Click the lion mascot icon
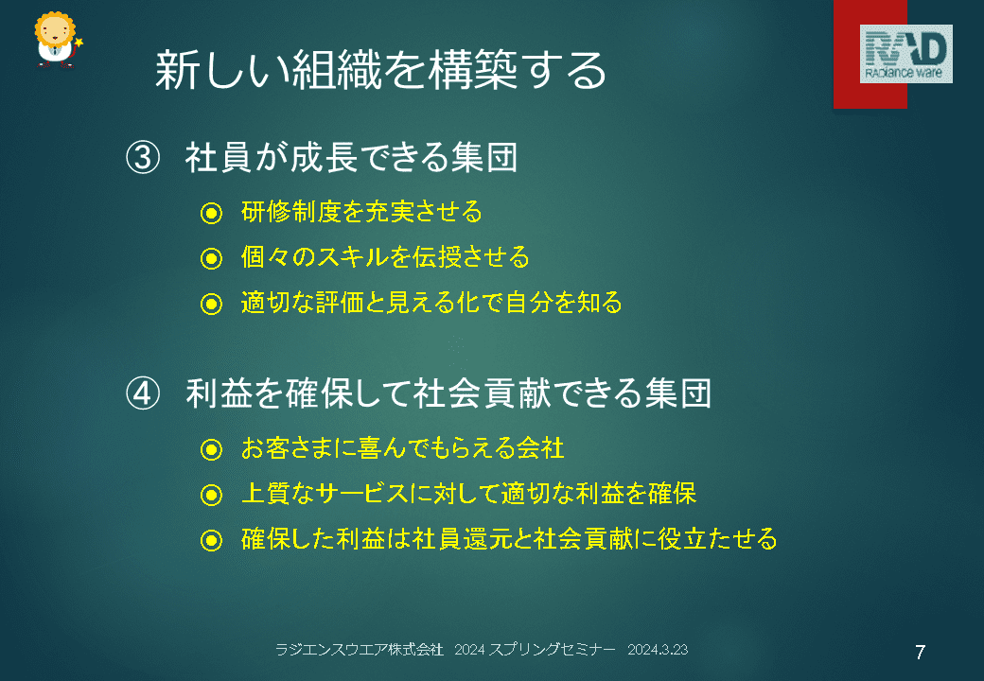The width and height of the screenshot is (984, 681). click(x=58, y=40)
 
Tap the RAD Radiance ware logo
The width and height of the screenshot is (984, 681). click(x=905, y=54)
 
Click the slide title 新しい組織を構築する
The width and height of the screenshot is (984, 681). click(x=380, y=70)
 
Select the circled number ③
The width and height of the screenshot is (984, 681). click(x=143, y=157)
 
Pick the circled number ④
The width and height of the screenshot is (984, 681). click(x=143, y=393)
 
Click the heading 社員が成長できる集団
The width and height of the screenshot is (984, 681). click(x=351, y=157)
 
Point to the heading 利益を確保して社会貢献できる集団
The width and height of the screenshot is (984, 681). click(x=448, y=393)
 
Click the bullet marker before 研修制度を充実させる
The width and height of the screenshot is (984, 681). click(x=212, y=213)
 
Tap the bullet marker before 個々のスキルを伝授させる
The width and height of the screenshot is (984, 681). click(x=212, y=258)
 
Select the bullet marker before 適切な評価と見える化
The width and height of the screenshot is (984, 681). click(x=212, y=305)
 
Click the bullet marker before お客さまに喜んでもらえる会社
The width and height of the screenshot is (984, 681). click(x=212, y=449)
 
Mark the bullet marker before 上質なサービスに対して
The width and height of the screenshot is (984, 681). click(x=212, y=495)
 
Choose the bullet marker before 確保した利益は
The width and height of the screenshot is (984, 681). click(x=212, y=540)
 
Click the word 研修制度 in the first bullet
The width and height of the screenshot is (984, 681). click(x=290, y=212)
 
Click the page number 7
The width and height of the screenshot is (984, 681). click(x=920, y=653)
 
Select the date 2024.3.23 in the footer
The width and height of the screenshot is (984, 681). click(x=658, y=650)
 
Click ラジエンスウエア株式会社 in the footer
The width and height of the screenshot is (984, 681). click(x=360, y=650)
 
